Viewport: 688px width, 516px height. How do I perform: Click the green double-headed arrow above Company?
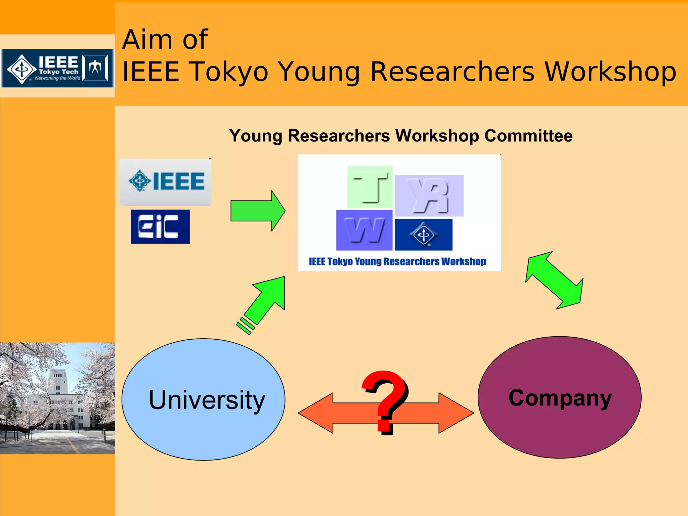(555, 280)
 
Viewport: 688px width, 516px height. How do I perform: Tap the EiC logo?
(160, 227)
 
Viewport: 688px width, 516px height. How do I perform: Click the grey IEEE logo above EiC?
(166, 182)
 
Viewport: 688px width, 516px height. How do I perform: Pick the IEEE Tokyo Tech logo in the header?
(57, 69)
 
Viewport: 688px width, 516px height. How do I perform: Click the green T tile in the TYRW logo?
(370, 187)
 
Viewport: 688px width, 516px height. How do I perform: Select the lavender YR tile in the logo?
(429, 196)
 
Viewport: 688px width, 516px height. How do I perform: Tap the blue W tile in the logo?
(364, 230)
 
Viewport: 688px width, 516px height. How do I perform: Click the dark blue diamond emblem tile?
(423, 234)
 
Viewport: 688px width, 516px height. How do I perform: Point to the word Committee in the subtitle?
(528, 136)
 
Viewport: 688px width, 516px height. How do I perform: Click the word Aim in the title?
(147, 40)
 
